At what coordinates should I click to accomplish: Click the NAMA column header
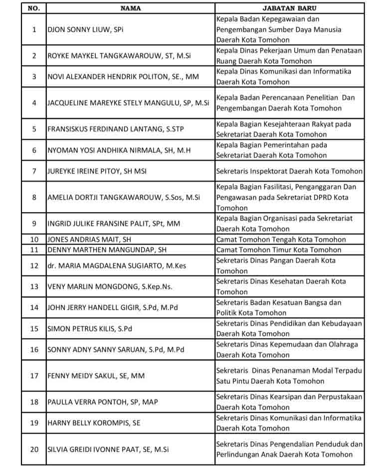(x=130, y=8)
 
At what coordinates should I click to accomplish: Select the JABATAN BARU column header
(x=289, y=8)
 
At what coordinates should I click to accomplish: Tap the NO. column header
(x=33, y=8)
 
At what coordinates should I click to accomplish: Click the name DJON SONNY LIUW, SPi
(x=85, y=29)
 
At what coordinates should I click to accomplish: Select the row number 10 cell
(x=34, y=239)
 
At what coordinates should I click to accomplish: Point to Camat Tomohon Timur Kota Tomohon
(x=279, y=250)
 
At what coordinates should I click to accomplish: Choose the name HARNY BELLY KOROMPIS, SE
(x=94, y=423)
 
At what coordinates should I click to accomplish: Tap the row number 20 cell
(x=34, y=449)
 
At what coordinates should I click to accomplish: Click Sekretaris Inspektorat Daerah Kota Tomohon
(x=289, y=171)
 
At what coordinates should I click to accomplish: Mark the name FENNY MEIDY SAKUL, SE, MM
(x=96, y=376)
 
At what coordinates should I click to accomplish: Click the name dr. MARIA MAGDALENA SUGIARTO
(x=116, y=266)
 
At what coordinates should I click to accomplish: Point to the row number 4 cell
(x=34, y=103)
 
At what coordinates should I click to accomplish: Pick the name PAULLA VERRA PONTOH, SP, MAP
(x=102, y=402)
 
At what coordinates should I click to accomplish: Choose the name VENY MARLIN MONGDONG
(x=109, y=287)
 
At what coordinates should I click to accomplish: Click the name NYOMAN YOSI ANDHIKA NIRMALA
(x=119, y=150)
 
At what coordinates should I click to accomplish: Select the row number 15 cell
(x=34, y=329)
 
